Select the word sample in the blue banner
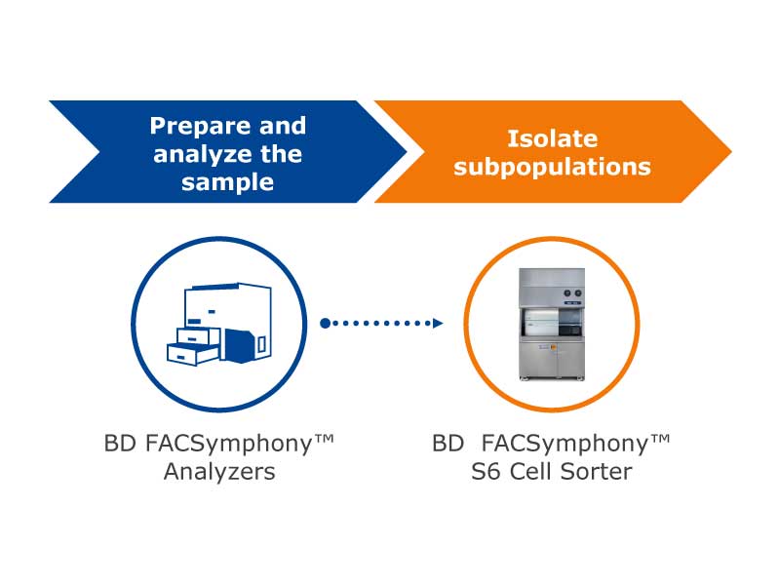coord(227,182)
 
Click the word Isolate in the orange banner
coord(553,138)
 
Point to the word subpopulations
coord(553,167)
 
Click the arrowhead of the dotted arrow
coord(437,324)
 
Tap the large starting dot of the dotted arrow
coord(326,324)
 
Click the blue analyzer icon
coord(219,324)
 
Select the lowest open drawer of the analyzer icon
coord(193,354)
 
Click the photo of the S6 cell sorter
coord(552,325)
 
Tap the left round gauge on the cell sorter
coord(567,293)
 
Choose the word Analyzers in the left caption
coord(219,472)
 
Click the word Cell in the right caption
coord(529,472)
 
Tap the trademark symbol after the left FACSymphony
coord(324,439)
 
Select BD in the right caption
coord(448,444)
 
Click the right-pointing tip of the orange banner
coord(730,151)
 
